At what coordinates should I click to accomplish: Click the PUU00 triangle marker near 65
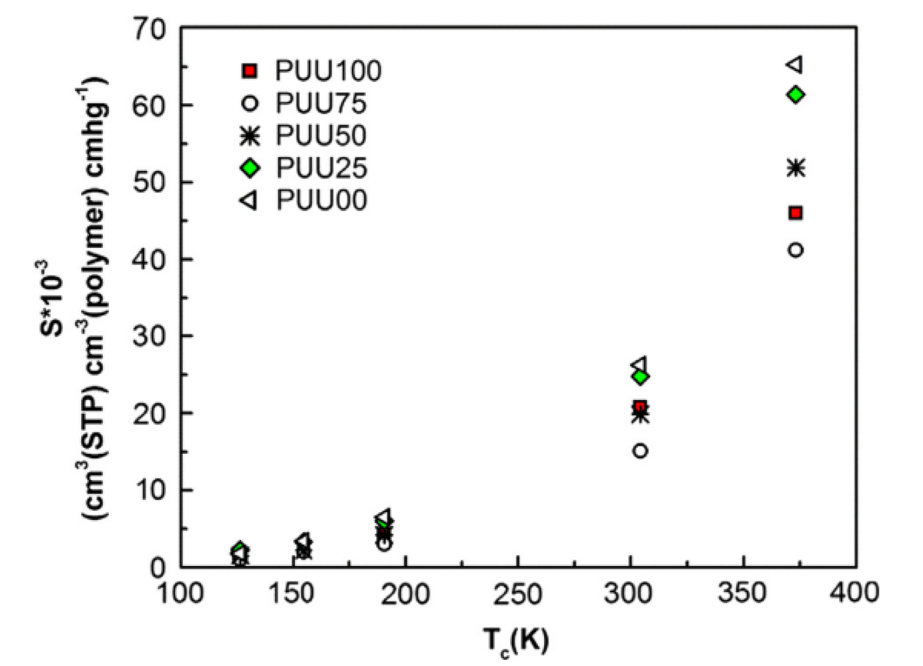click(x=795, y=64)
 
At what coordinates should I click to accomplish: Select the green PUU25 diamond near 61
click(x=796, y=94)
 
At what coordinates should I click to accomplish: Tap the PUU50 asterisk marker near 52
click(x=796, y=167)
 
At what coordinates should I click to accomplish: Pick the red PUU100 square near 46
click(x=796, y=213)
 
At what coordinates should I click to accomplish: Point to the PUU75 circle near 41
click(x=796, y=251)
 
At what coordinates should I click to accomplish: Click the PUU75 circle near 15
click(x=640, y=450)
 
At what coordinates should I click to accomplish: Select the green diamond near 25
click(x=641, y=377)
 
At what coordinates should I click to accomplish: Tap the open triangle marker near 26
click(x=639, y=364)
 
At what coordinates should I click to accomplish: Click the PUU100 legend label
click(x=328, y=71)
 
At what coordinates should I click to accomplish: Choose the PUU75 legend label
click(x=321, y=103)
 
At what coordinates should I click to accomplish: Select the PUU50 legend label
click(x=321, y=136)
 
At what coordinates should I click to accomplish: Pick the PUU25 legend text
click(x=322, y=168)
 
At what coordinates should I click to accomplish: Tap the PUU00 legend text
click(x=322, y=200)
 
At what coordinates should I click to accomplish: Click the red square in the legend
click(x=250, y=71)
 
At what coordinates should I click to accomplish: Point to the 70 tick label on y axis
click(x=149, y=29)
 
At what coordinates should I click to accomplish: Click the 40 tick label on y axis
click(x=149, y=259)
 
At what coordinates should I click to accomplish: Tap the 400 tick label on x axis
click(x=854, y=593)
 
